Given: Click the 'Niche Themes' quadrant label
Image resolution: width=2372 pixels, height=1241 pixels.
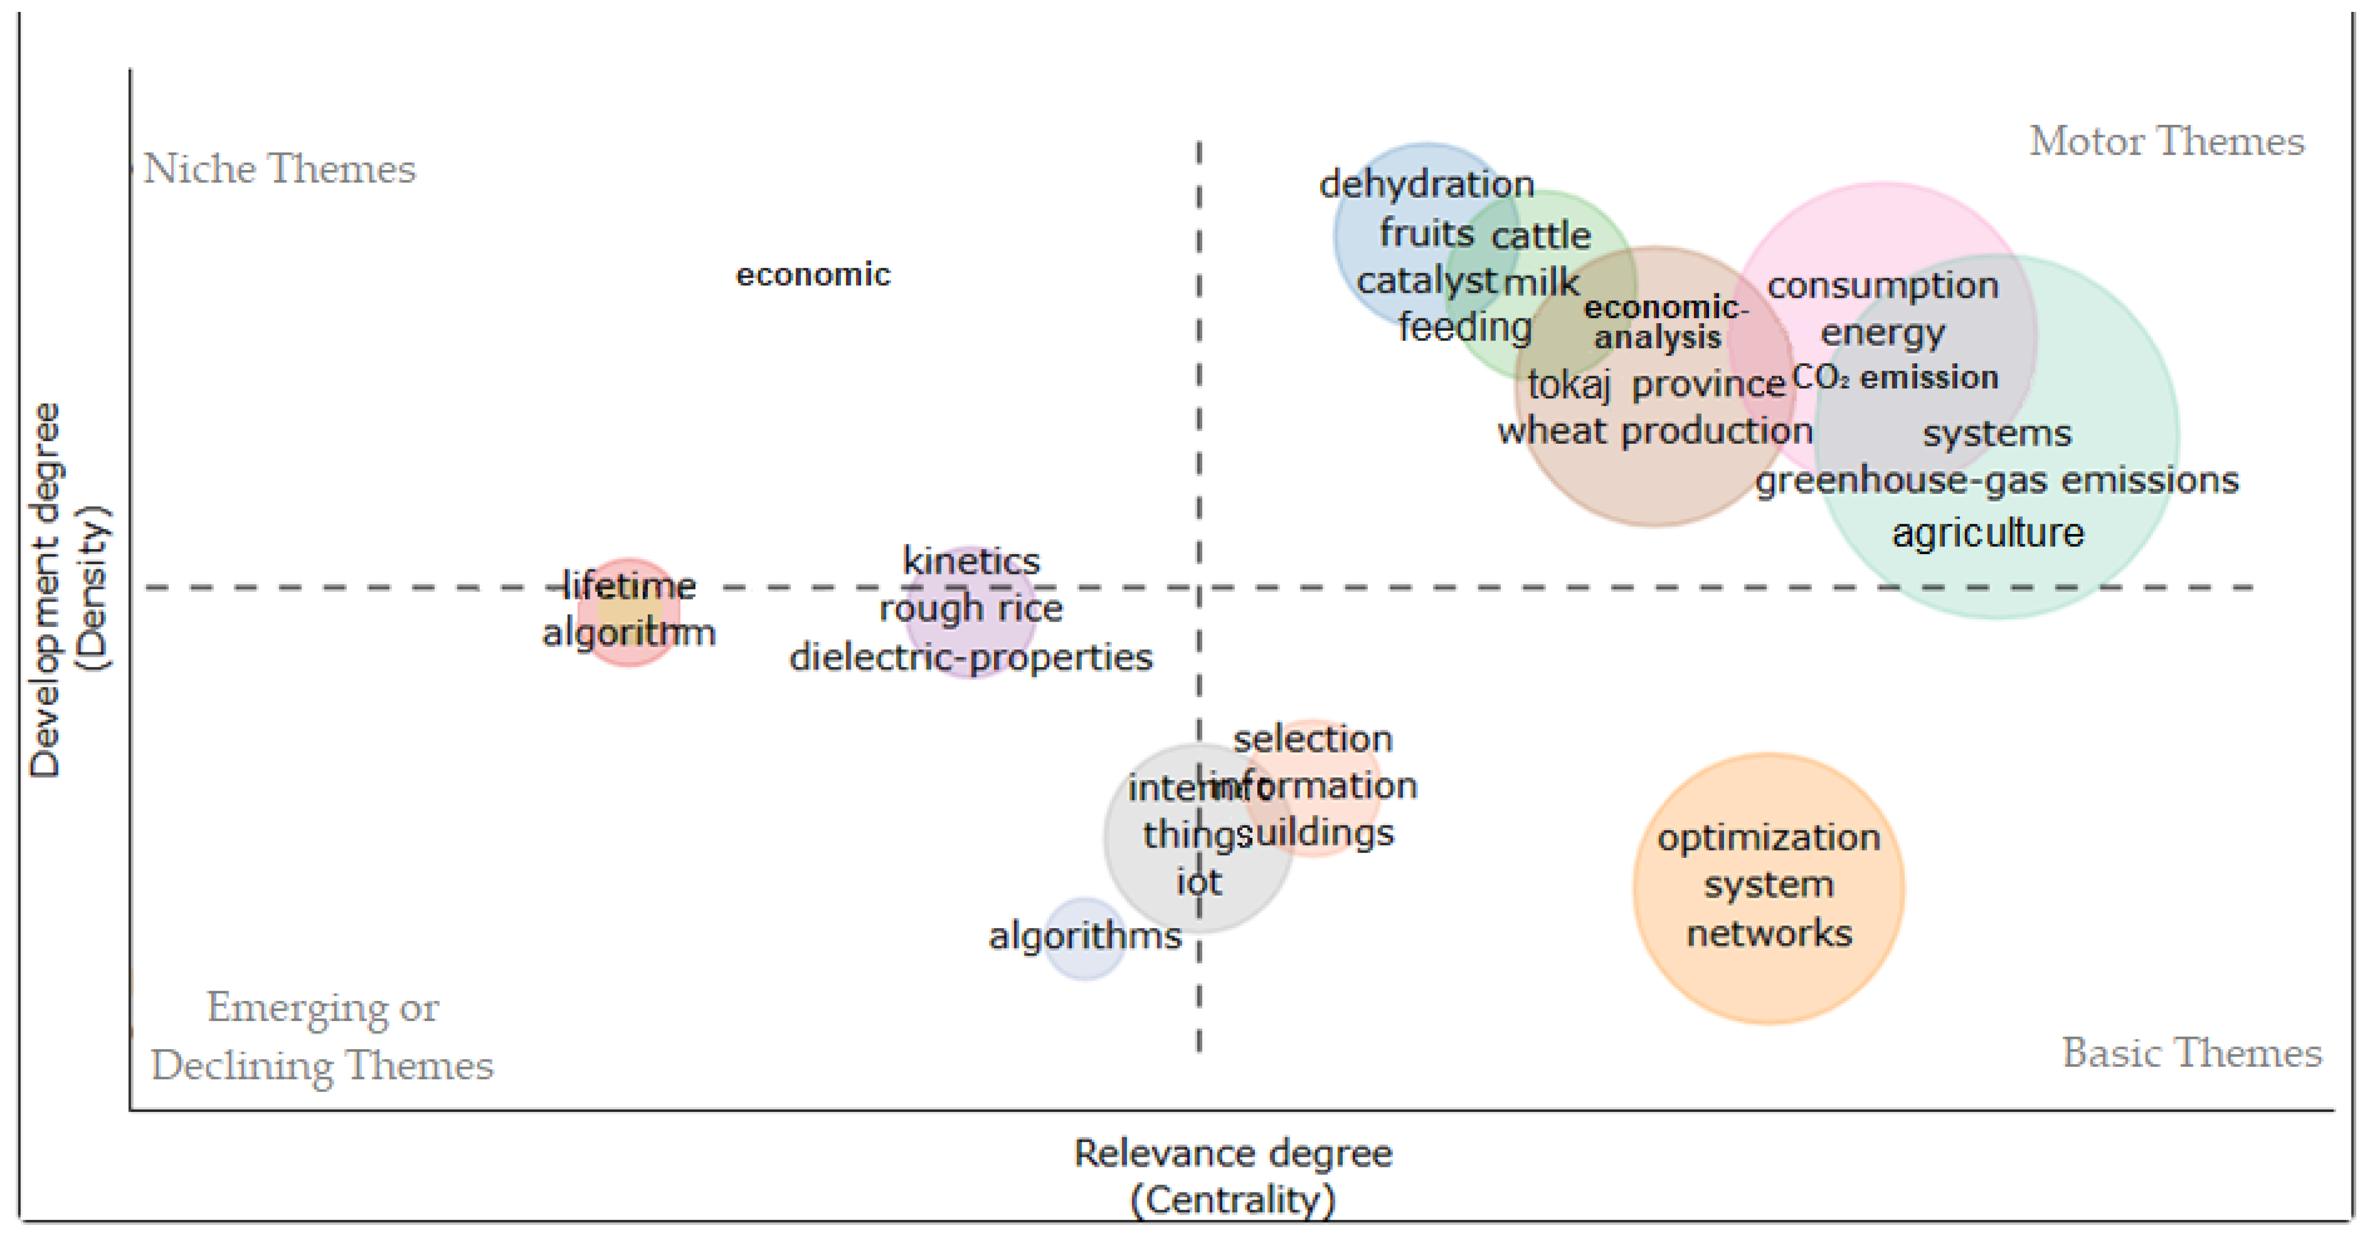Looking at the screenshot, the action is click(x=279, y=169).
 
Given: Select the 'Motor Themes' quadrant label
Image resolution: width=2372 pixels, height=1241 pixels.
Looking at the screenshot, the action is click(x=2166, y=142).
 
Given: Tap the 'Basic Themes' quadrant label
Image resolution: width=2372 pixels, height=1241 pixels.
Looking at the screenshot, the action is click(x=2191, y=1052).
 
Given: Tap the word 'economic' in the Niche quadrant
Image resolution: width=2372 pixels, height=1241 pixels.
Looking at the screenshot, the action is click(x=813, y=275).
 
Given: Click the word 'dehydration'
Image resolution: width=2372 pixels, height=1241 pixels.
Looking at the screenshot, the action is click(x=1426, y=185).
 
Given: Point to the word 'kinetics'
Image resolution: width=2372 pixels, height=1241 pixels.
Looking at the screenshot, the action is click(x=971, y=561).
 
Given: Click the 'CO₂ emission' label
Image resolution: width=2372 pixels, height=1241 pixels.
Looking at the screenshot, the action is click(x=1895, y=377).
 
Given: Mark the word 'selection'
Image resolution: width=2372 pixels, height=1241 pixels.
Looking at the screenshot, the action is click(x=1313, y=738).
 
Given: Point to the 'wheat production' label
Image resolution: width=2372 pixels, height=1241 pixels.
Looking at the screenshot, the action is click(x=1655, y=431).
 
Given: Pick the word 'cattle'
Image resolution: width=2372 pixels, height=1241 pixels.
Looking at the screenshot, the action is click(x=1541, y=236).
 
